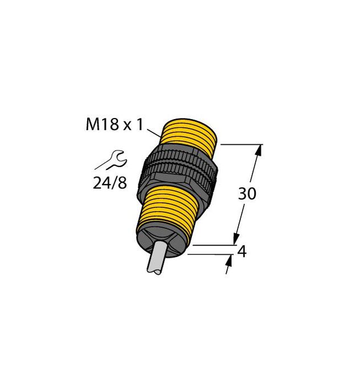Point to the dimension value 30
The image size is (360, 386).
(247, 193)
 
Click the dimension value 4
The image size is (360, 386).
(241, 251)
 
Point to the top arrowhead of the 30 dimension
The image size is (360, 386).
(260, 150)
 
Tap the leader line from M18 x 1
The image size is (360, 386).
(153, 133)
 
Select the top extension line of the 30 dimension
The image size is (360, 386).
(239, 145)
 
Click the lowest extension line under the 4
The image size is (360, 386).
(208, 254)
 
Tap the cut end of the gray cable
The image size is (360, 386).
(153, 273)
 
